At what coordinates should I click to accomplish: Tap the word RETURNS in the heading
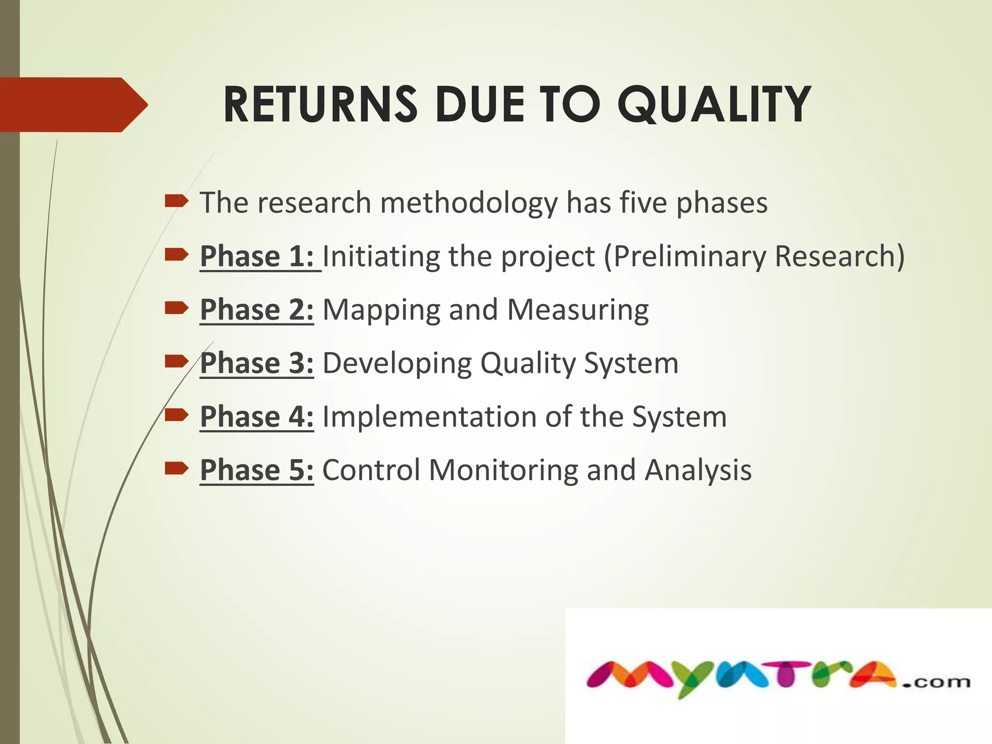pyautogui.click(x=320, y=104)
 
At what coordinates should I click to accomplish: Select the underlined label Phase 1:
pyautogui.click(x=257, y=256)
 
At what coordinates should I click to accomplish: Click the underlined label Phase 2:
pyautogui.click(x=257, y=310)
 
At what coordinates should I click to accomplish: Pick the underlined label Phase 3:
pyautogui.click(x=257, y=363)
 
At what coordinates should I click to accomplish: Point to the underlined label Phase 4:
pyautogui.click(x=257, y=417)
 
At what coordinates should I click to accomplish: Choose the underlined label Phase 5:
pyautogui.click(x=257, y=470)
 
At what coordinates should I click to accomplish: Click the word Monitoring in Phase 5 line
pyautogui.click(x=503, y=470)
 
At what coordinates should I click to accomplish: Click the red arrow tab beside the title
pyautogui.click(x=73, y=105)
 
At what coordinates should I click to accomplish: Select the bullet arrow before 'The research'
pyautogui.click(x=176, y=201)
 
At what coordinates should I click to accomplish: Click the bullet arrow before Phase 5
pyautogui.click(x=176, y=468)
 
